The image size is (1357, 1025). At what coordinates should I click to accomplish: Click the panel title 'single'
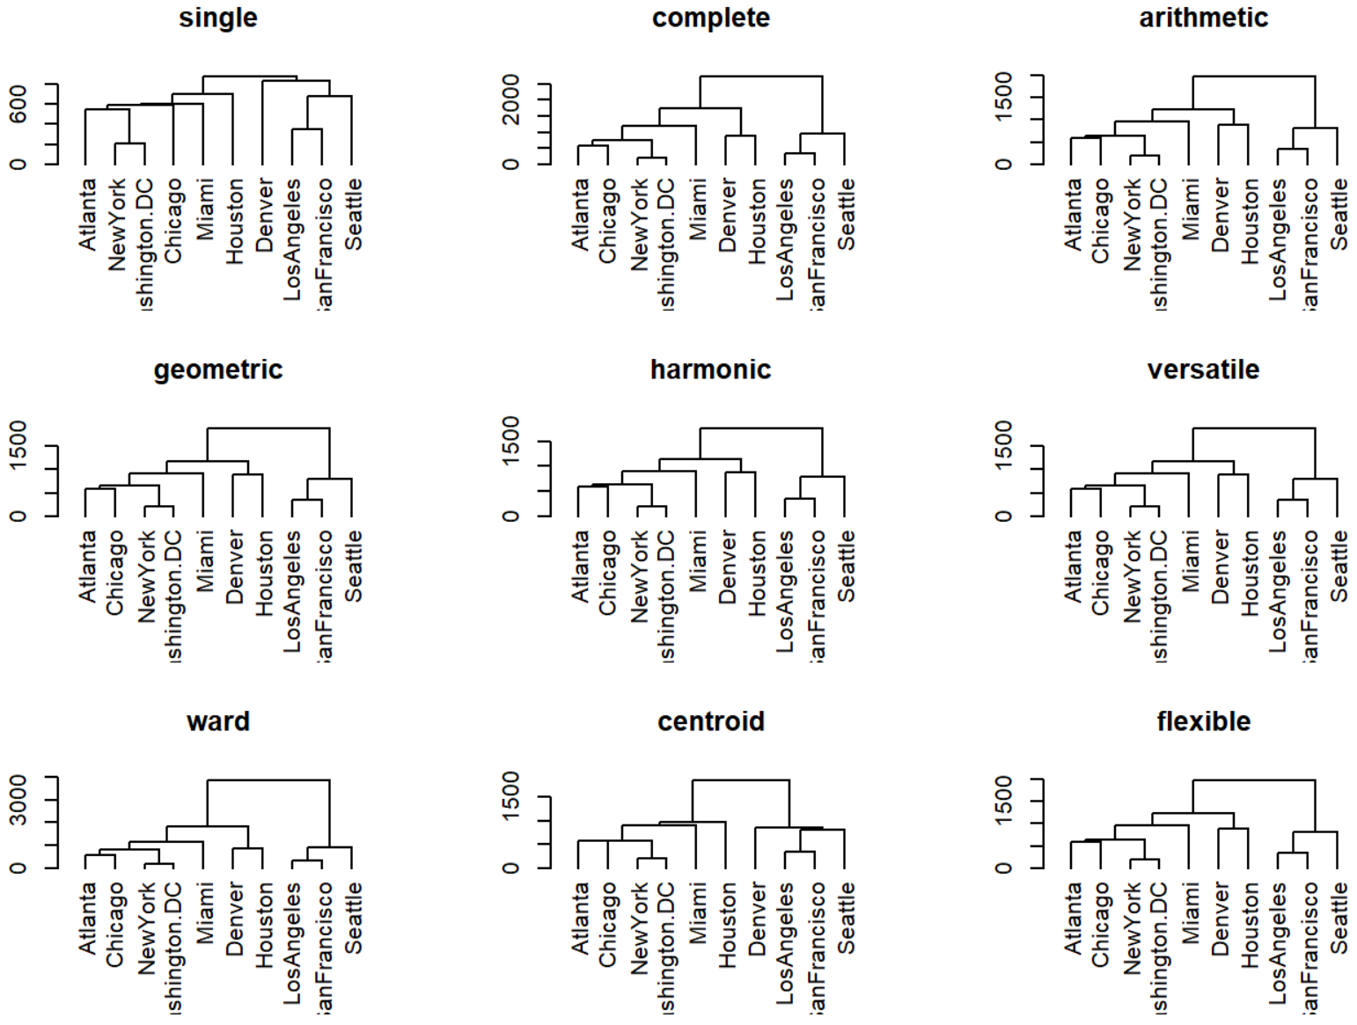(x=218, y=18)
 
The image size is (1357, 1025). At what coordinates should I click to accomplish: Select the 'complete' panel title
(x=710, y=18)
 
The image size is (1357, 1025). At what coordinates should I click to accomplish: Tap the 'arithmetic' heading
(x=1203, y=18)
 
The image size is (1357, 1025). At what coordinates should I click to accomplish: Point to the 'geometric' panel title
(x=218, y=370)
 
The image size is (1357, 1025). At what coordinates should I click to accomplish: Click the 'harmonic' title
(x=710, y=370)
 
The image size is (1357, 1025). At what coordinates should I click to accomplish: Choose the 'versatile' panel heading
(x=1203, y=370)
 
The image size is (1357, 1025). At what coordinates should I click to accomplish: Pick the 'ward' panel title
(x=218, y=721)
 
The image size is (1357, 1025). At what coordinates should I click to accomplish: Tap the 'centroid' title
(x=710, y=721)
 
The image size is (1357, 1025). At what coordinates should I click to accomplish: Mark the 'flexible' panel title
(x=1203, y=721)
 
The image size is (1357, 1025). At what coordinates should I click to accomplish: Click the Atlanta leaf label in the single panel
(x=87, y=215)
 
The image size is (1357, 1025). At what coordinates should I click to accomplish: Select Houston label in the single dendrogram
(x=234, y=221)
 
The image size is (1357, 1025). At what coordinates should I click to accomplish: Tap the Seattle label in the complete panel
(x=846, y=215)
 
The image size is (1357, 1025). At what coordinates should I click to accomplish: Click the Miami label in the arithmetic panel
(x=1191, y=209)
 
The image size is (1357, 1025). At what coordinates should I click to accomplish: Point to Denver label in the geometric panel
(x=234, y=567)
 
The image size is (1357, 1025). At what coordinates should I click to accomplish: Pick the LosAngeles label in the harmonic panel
(x=785, y=591)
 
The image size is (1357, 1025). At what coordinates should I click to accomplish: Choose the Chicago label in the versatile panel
(x=1100, y=572)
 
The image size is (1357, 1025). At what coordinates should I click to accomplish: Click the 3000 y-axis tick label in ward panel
(x=18, y=800)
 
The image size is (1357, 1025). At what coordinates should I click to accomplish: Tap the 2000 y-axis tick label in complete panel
(x=511, y=99)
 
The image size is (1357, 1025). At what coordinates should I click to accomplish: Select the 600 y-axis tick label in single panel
(x=18, y=105)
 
